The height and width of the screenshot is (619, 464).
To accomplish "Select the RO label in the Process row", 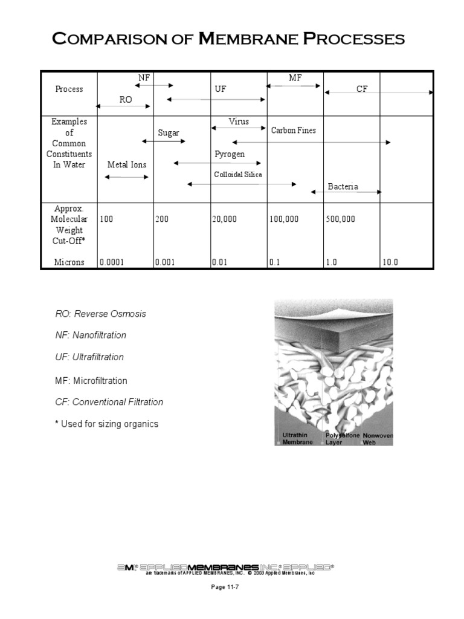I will pyautogui.click(x=125, y=100).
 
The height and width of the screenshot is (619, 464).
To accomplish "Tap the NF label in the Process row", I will pyautogui.click(x=144, y=78).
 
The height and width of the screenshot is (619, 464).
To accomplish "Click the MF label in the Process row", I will pyautogui.click(x=295, y=78).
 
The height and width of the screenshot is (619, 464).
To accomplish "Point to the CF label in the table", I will pyautogui.click(x=361, y=89).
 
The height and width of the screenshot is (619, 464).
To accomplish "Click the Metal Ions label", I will pyautogui.click(x=127, y=164).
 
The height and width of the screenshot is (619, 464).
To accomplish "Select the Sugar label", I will pyautogui.click(x=169, y=133).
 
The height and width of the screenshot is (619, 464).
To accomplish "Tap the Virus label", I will pyautogui.click(x=239, y=122).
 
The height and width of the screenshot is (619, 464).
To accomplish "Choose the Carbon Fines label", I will pyautogui.click(x=293, y=130).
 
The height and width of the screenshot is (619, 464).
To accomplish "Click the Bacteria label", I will pyautogui.click(x=343, y=186).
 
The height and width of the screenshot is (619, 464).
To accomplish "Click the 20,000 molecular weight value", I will pyautogui.click(x=224, y=219).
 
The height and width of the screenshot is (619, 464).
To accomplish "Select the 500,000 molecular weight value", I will pyautogui.click(x=341, y=219).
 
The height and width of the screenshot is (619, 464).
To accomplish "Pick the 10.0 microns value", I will pyautogui.click(x=391, y=262).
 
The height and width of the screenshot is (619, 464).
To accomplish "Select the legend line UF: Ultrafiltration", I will pyautogui.click(x=89, y=357).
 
